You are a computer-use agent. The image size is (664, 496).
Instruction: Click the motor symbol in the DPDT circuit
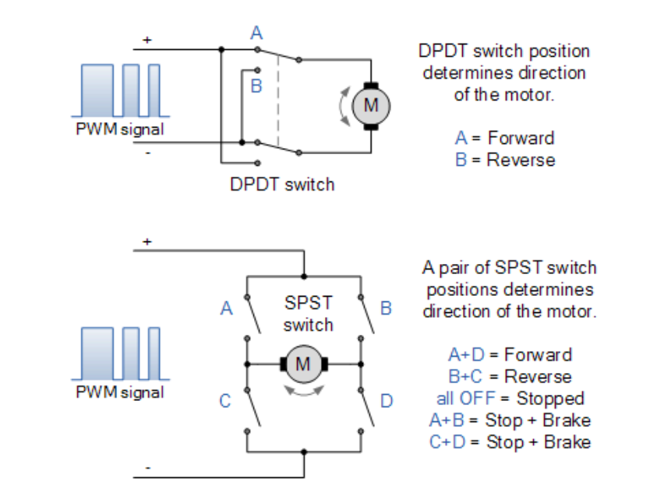pos(371,104)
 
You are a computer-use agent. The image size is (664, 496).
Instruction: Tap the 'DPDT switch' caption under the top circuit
pos(282,185)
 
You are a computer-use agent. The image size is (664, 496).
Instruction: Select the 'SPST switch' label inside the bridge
pos(309,313)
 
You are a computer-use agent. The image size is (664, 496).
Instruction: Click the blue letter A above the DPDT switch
pos(256,33)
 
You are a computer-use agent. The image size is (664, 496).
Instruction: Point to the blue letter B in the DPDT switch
pos(256,86)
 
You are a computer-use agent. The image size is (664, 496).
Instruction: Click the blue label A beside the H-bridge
pos(227,308)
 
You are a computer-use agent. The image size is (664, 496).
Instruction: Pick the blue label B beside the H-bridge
pos(386,308)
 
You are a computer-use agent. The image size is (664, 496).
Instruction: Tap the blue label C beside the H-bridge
pos(225,401)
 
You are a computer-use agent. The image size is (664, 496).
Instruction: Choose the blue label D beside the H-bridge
pos(387,401)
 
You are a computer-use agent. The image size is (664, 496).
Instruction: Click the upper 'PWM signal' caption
pos(120,129)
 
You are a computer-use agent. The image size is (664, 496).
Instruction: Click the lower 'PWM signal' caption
pos(120,392)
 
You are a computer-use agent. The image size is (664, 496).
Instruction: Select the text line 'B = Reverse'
pos(505,160)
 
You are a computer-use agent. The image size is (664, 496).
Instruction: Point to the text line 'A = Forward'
pos(505,138)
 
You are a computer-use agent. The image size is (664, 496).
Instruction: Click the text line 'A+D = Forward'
pos(510,355)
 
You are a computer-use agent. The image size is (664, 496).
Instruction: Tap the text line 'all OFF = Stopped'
pos(510,399)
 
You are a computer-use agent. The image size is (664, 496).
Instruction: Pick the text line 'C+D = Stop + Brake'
pos(510,442)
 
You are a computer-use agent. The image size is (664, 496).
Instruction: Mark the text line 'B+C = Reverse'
pos(510,377)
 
